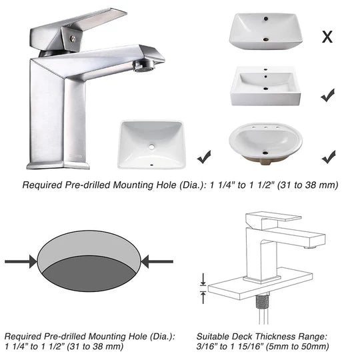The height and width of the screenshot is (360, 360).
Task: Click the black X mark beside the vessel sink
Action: [x=327, y=37]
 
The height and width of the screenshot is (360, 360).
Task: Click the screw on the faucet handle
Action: [x=73, y=39]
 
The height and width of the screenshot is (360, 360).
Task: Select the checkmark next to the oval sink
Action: [x=329, y=157]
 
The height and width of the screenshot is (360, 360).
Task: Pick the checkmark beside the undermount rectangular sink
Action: [x=204, y=157]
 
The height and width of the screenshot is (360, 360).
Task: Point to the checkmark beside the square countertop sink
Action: [x=327, y=95]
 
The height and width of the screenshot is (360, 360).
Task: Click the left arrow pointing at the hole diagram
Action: [x=21, y=261]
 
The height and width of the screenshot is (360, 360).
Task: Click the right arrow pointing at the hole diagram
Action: [x=157, y=261]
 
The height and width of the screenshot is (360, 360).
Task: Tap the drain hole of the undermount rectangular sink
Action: [x=151, y=147]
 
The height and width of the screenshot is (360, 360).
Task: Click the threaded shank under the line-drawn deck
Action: [x=261, y=302]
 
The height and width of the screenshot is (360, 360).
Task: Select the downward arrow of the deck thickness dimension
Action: [x=203, y=279]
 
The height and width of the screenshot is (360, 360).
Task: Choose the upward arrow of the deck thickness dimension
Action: [x=203, y=297]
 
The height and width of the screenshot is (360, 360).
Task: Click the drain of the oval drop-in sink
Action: [x=265, y=153]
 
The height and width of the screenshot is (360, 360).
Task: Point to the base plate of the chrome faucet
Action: [x=58, y=165]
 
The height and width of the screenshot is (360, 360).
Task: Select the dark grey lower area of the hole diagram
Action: [x=89, y=274]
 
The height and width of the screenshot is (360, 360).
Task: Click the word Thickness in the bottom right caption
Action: [x=275, y=337]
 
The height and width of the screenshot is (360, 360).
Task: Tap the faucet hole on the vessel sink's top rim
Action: [x=266, y=19]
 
